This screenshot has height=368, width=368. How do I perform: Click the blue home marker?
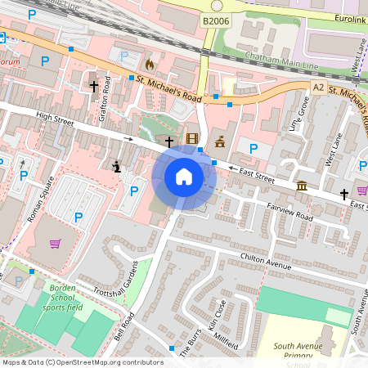pyautogui.click(x=183, y=177)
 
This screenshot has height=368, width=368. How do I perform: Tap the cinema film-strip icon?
pyautogui.click(x=192, y=140)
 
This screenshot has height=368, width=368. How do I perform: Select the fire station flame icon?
pyautogui.click(x=148, y=63)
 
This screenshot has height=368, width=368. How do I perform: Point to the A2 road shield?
pyautogui.click(x=318, y=87)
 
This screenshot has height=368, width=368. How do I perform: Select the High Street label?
pyautogui.click(x=55, y=119)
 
